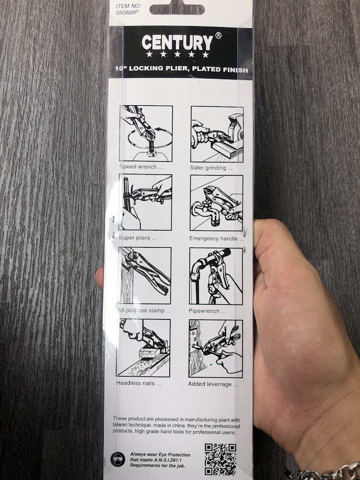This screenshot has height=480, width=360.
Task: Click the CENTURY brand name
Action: coord(177,42)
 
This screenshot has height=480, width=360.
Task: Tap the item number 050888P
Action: coord(127,13)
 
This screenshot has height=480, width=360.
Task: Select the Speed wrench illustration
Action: coord(146,133)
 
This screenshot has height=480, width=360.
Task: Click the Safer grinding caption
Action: coord(211,168)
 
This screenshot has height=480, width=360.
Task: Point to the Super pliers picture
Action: coord(145,202)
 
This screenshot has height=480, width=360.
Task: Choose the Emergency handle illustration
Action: coord(217,203)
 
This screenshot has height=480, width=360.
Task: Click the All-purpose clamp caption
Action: coord(144,310)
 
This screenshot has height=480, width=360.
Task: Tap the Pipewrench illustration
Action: coord(216,276)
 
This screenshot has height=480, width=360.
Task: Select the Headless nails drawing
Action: coord(143,348)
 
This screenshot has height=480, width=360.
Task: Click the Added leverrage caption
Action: coord(213,384)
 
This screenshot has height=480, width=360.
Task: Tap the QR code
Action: coord(221,459)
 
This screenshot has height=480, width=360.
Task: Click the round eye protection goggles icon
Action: coord(118,459)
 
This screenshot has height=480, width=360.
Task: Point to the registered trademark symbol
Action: coord(218,36)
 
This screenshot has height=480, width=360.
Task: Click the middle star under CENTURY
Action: coord(178,54)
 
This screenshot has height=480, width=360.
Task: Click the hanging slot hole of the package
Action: coord(177,9)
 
